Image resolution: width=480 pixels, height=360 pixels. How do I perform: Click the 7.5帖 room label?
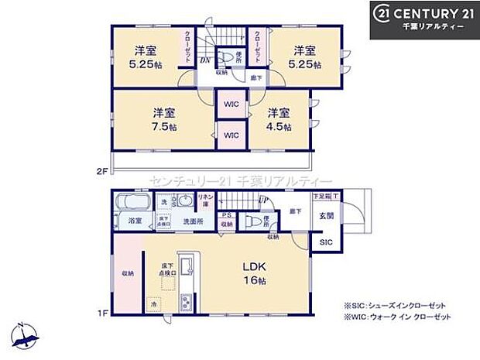click(163, 119)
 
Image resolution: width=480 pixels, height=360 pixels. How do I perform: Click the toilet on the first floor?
click(249, 221)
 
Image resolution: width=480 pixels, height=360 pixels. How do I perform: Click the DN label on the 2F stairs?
click(205, 60)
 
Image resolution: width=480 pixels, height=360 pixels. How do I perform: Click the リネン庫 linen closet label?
click(206, 201)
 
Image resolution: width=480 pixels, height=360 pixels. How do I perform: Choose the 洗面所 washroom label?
click(194, 221)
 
